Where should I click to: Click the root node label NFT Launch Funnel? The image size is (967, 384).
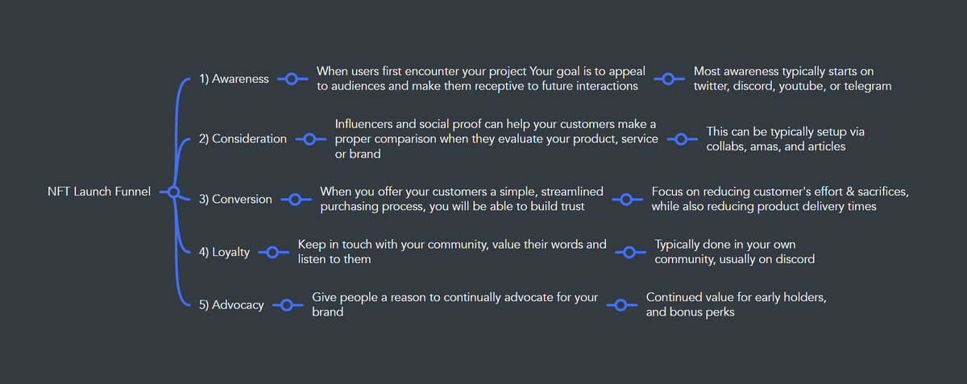pos(99,192)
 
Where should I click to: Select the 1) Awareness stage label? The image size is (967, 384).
pos(234,80)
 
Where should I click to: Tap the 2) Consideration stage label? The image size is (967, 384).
pos(243,138)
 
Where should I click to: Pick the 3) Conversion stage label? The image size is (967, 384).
pos(235,199)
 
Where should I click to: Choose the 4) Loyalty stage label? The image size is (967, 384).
pos(224,252)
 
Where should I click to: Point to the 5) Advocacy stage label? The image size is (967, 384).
pos(231,305)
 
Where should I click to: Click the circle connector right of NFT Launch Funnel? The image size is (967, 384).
pos(172,192)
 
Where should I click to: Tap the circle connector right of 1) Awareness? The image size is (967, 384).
pos(292,79)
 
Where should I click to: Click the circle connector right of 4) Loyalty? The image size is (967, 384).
pos(272,252)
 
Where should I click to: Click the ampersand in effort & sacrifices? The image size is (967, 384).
pos(842,192)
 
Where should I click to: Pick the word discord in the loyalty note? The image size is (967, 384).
pos(794,259)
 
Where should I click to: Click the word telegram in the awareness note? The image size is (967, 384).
pos(865,86)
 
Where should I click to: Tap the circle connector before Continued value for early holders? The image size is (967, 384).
pos(620,305)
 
